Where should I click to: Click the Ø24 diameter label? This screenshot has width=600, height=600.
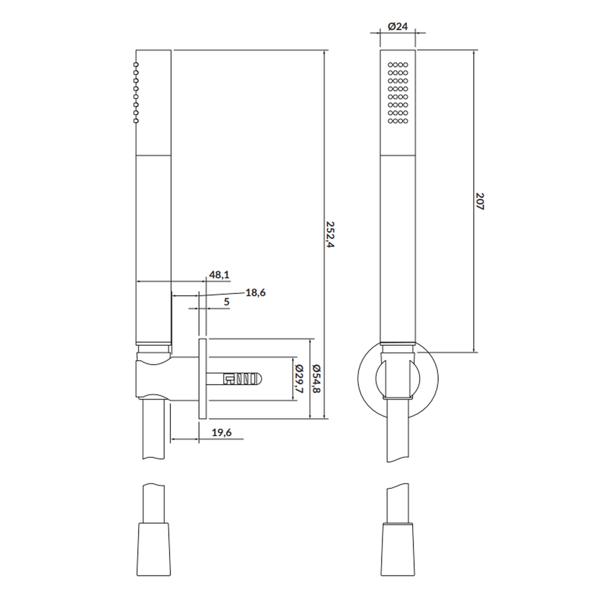pos(398,26)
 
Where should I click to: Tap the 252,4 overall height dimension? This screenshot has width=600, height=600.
pos(330,234)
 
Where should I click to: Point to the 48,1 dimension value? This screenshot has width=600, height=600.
pos(219,274)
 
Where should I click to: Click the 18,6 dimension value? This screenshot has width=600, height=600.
pos(256,293)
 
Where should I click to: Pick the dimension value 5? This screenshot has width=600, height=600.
pos(227,302)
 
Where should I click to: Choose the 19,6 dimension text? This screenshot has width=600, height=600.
pos(221,433)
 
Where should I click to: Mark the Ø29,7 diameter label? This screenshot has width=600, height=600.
pos(299,379)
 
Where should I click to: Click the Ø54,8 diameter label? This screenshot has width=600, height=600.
pos(316,379)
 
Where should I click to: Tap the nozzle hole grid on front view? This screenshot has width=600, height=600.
pos(398,93)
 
